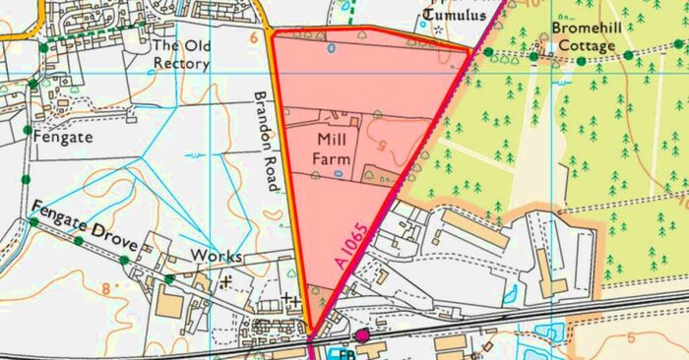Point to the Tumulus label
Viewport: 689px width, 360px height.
(454, 15)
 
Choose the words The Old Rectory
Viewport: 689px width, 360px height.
(181, 54)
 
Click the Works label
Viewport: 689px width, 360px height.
(216, 256)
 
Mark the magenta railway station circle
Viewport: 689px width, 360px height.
(361, 336)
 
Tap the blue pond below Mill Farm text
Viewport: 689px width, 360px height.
(338, 173)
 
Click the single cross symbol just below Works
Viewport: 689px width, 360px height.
(228, 281)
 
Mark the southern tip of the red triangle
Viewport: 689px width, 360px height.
(310, 333)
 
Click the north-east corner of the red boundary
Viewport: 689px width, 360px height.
(470, 48)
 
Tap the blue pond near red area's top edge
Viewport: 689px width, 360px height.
(331, 46)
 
